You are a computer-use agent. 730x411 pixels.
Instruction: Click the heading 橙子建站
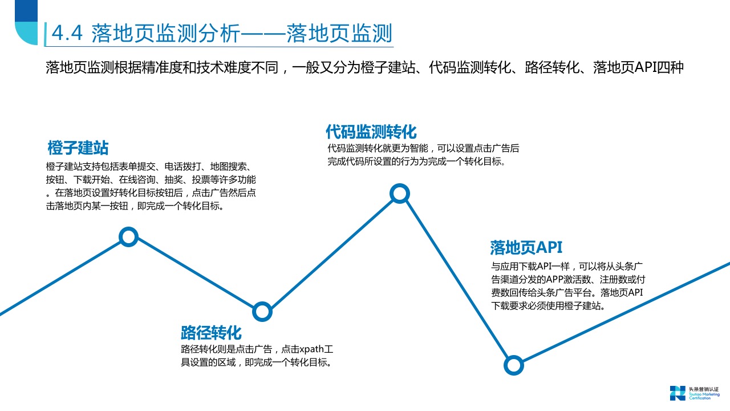tap(78, 148)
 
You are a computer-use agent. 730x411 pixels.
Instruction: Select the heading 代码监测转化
tap(371, 132)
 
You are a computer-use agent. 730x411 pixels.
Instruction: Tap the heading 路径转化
tap(211, 332)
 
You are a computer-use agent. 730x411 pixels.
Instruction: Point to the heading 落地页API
tap(526, 247)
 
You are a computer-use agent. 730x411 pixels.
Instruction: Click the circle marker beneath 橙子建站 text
tap(129, 236)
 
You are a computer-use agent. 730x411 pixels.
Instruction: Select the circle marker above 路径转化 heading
tap(262, 311)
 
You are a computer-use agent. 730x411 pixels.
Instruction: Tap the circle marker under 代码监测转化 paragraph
tap(400, 194)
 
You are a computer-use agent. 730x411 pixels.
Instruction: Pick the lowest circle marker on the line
tap(514, 365)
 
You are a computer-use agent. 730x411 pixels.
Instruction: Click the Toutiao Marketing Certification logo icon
tap(678, 393)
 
